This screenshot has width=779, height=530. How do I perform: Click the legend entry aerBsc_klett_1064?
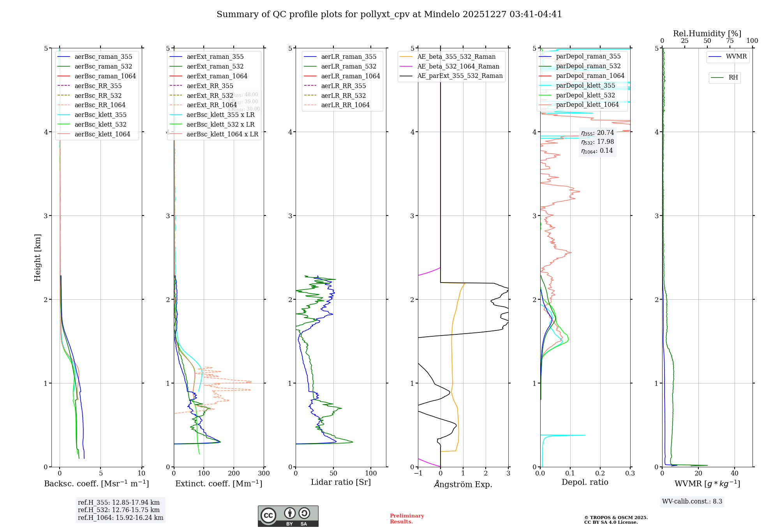(x=102, y=134)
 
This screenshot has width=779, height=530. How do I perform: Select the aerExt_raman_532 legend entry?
(x=215, y=66)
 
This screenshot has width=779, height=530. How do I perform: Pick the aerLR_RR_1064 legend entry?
(x=345, y=105)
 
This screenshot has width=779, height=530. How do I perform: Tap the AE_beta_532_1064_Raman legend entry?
(x=458, y=66)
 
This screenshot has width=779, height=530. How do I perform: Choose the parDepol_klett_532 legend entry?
(x=585, y=95)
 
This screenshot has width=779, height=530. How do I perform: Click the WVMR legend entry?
(x=736, y=57)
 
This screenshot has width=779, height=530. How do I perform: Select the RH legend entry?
(x=733, y=78)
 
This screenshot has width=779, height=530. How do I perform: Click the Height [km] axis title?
(x=37, y=258)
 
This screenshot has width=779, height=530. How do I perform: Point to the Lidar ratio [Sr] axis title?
(x=341, y=482)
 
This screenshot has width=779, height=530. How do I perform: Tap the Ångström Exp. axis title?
(x=463, y=484)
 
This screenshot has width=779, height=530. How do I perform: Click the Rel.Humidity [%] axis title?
(x=707, y=34)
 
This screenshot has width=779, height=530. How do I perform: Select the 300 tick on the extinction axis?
(x=264, y=473)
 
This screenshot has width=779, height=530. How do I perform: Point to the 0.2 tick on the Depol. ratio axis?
(x=600, y=473)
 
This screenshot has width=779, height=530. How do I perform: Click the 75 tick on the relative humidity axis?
(x=730, y=41)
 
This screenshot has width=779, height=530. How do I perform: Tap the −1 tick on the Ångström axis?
(x=418, y=473)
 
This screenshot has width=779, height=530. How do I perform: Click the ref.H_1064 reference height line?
(x=120, y=518)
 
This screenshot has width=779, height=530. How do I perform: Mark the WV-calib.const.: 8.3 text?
(x=692, y=501)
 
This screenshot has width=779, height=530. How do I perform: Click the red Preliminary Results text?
(x=407, y=519)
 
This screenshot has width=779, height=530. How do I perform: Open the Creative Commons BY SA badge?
(x=288, y=516)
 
